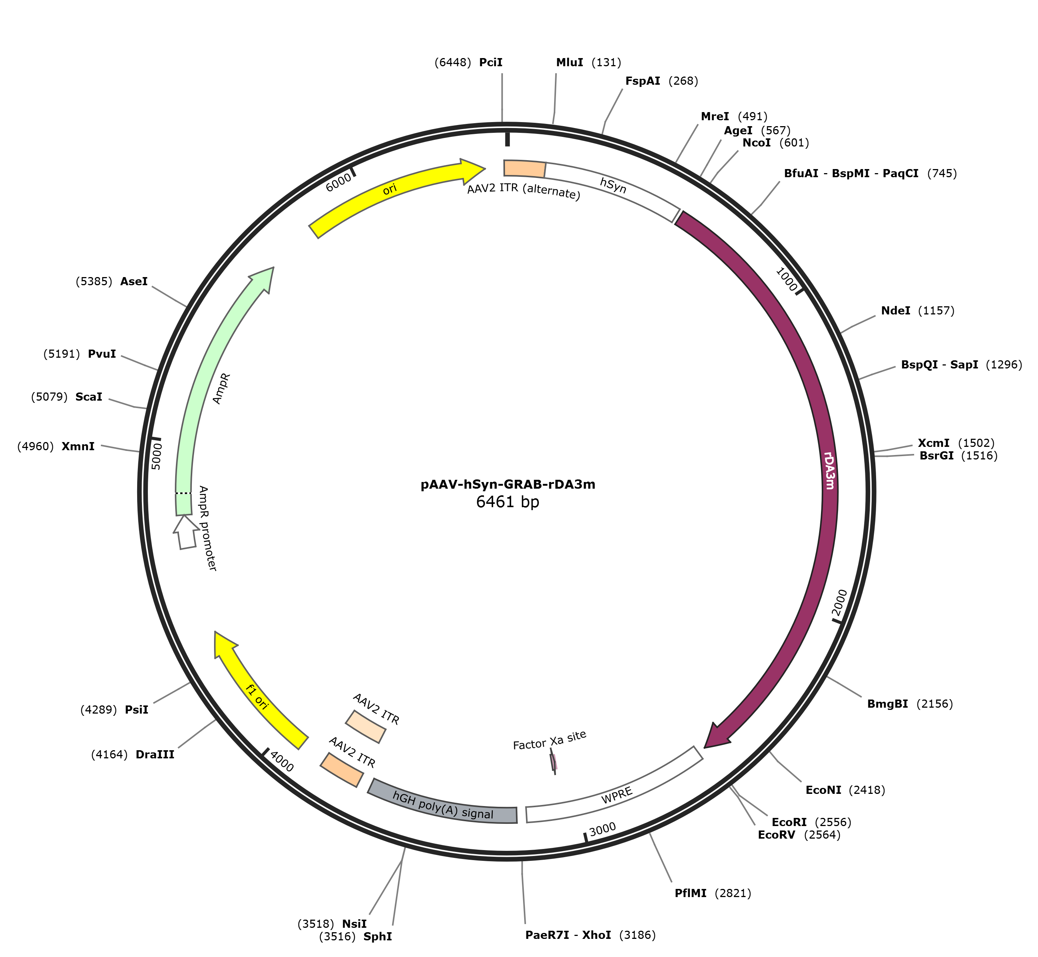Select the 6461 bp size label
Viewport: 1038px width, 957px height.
508,502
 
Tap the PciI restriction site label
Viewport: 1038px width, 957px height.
491,63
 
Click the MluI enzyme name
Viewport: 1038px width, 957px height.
569,63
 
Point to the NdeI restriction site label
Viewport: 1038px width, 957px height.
896,311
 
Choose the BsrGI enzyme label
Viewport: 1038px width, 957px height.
937,456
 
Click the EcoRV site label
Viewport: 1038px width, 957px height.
777,835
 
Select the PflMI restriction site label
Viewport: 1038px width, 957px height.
690,893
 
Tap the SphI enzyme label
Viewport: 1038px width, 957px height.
378,936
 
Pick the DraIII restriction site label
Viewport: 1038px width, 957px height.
155,755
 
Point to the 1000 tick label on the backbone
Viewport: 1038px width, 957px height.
787,280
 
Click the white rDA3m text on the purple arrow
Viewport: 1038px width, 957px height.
829,470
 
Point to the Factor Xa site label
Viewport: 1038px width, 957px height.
550,741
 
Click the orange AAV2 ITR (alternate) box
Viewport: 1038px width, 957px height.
524,169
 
